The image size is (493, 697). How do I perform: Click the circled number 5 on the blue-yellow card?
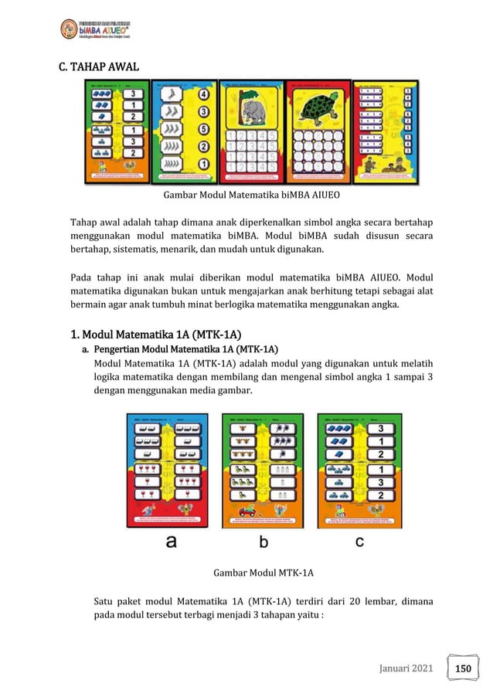pos(204,129)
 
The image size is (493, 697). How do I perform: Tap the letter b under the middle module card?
pos(263,542)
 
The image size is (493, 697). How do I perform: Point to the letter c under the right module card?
pos(359,542)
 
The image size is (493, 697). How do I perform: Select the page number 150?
pos(463,667)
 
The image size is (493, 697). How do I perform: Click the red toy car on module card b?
pos(249,510)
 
